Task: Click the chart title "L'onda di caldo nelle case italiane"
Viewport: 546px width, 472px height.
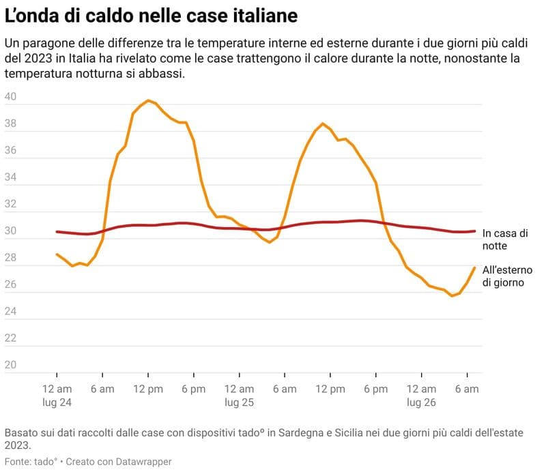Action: (x=151, y=16)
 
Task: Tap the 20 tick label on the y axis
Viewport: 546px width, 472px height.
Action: (x=11, y=365)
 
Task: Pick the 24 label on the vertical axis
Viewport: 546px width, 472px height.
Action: (x=11, y=312)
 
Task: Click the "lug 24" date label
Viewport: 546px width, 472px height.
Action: (x=57, y=402)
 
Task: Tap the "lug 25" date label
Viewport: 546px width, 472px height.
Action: (x=239, y=402)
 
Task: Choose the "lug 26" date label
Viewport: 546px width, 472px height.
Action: (x=421, y=402)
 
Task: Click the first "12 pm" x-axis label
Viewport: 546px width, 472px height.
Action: (x=147, y=389)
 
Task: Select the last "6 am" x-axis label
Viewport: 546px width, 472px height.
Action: (x=467, y=389)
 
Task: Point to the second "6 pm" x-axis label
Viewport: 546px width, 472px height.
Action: (x=375, y=389)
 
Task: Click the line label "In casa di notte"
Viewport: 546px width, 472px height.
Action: (x=504, y=239)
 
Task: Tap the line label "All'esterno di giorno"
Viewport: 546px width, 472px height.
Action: (x=508, y=276)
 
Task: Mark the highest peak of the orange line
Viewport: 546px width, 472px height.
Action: (x=148, y=100)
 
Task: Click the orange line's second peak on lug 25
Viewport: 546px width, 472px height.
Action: (x=323, y=123)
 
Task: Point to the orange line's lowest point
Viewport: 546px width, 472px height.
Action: (x=452, y=295)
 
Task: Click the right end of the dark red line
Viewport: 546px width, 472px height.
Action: (x=474, y=231)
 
